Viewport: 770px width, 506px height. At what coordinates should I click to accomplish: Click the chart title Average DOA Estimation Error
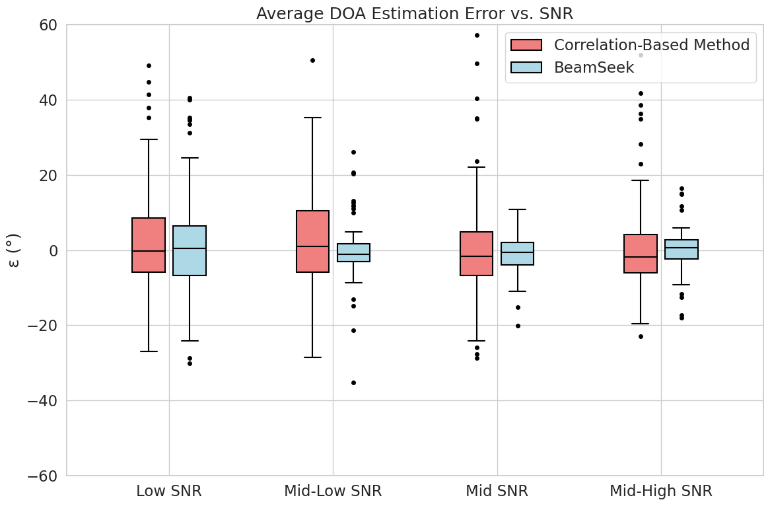[x=414, y=13]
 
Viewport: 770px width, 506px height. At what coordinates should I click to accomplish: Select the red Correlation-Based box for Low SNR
[x=149, y=245]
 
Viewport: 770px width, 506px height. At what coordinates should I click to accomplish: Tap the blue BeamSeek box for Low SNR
[x=190, y=250]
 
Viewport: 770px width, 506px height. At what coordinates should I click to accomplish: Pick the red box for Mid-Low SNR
[x=312, y=241]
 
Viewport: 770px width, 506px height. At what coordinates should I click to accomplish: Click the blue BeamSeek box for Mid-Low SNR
[x=353, y=253]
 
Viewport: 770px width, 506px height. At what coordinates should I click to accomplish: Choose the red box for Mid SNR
[x=476, y=254]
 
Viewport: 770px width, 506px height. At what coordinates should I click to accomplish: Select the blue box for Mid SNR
[x=518, y=254]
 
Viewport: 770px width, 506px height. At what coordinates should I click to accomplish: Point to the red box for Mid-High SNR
[x=640, y=254]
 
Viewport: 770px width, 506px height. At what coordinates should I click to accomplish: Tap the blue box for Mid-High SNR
[x=682, y=249]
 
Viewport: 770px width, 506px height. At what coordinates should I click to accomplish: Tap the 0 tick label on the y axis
[x=52, y=251]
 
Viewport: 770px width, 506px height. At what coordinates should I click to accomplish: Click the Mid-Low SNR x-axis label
[x=333, y=491]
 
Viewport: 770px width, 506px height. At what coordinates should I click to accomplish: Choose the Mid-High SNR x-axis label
[x=661, y=491]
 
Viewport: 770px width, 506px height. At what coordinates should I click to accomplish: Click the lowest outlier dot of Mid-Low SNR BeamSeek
[x=353, y=382]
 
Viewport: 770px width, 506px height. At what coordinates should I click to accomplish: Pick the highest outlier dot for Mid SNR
[x=477, y=35]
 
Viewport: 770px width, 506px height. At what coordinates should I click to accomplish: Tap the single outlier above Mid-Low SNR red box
[x=312, y=60]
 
